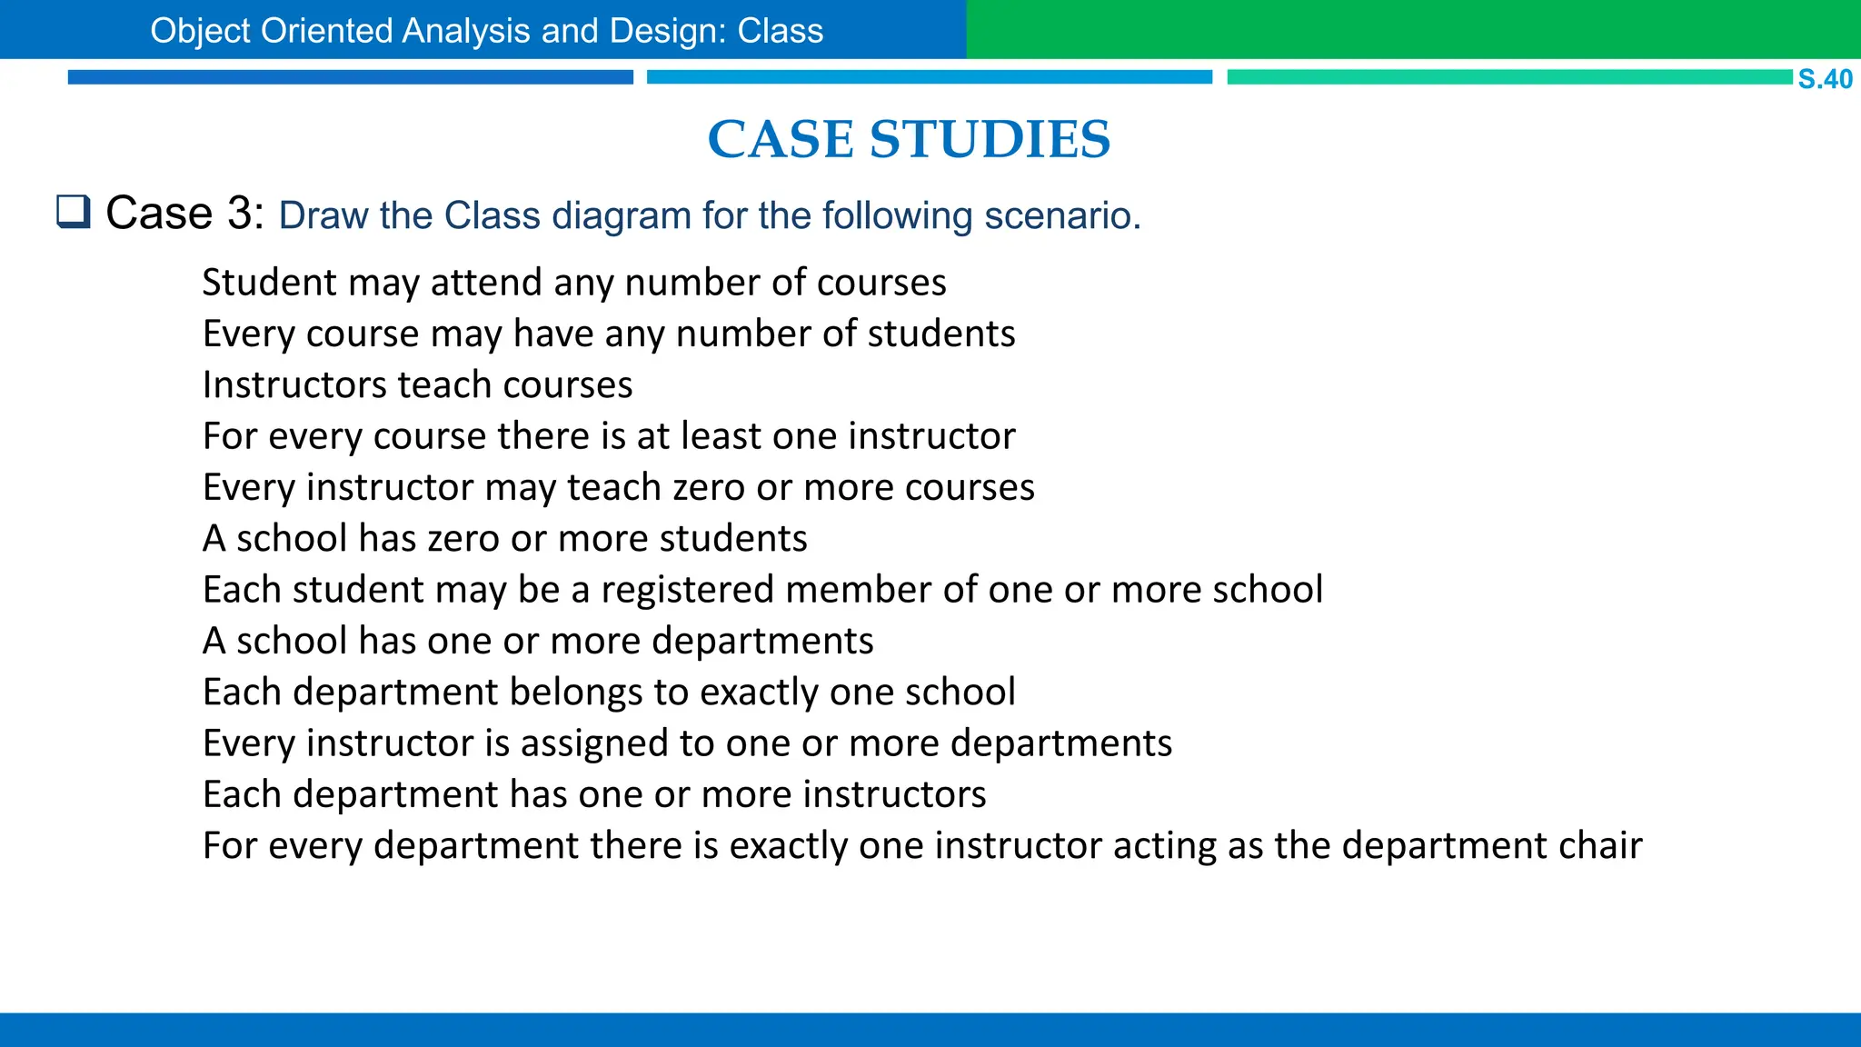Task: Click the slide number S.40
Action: point(1825,79)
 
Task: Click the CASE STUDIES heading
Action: point(909,139)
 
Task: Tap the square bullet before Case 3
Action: point(74,212)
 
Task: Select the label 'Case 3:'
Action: point(185,214)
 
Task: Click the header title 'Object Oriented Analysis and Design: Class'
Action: point(486,31)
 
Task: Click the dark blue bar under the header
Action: point(350,77)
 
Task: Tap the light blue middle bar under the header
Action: point(929,77)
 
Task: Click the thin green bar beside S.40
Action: point(1508,77)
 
